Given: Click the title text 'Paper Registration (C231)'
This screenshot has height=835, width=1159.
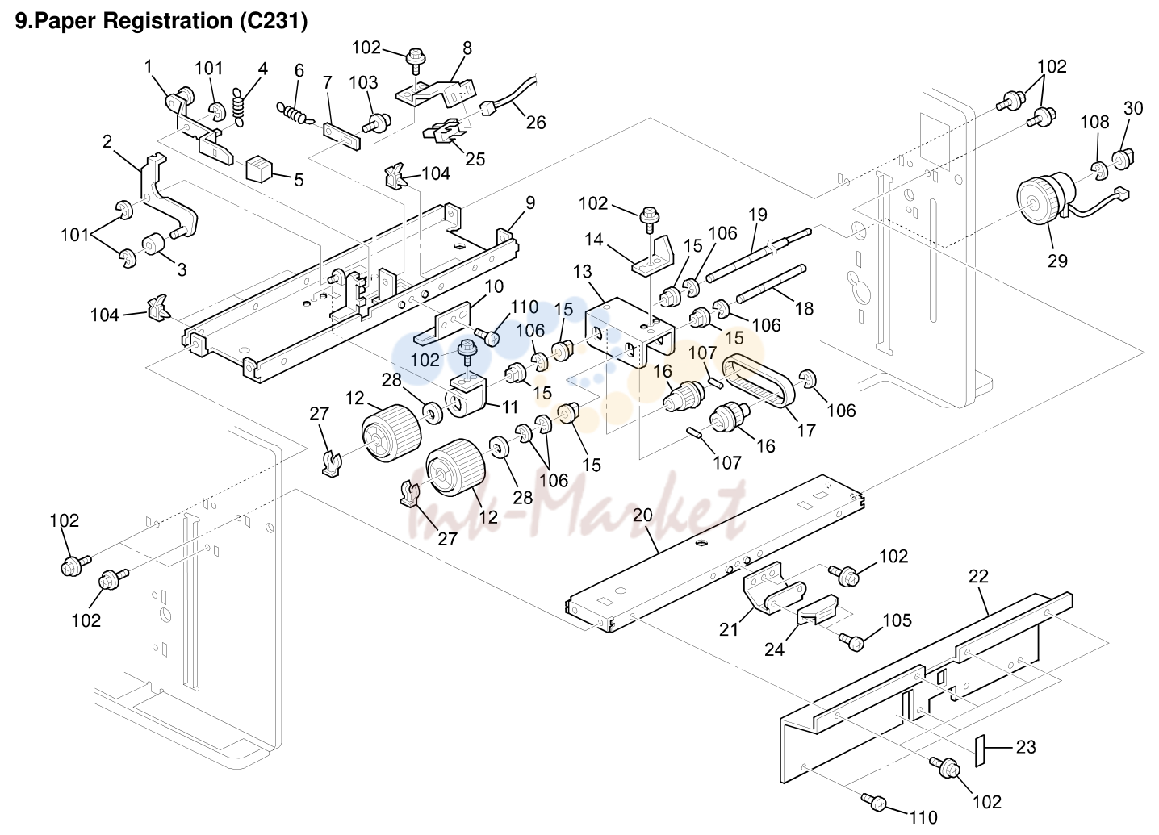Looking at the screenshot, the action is (x=171, y=21).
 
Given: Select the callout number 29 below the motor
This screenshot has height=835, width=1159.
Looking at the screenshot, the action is (x=1057, y=261).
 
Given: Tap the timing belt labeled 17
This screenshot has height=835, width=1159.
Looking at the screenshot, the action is (x=759, y=382).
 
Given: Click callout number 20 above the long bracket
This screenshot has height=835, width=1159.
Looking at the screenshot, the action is (x=642, y=515).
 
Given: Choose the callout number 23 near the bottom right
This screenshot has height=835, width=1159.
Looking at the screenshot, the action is (x=1026, y=747).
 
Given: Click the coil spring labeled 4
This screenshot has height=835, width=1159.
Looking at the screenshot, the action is (x=239, y=106).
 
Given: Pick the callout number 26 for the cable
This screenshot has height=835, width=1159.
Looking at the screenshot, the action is (x=536, y=123).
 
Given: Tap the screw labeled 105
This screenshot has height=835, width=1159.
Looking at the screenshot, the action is (x=851, y=641).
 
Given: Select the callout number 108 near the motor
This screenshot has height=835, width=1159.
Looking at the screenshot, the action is (x=1095, y=122).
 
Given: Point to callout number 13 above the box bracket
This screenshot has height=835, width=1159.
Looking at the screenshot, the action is (x=582, y=271).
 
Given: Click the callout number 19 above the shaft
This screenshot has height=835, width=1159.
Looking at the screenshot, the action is (x=758, y=215).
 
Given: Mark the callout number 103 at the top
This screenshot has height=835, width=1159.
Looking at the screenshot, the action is (x=363, y=82).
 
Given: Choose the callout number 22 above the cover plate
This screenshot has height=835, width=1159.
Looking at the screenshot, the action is (x=978, y=576).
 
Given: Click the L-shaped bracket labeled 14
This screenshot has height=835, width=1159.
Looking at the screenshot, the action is (x=654, y=257).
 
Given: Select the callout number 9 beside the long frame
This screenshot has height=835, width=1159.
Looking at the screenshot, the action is (x=529, y=202).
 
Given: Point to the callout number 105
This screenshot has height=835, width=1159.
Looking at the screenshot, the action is (x=897, y=620).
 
